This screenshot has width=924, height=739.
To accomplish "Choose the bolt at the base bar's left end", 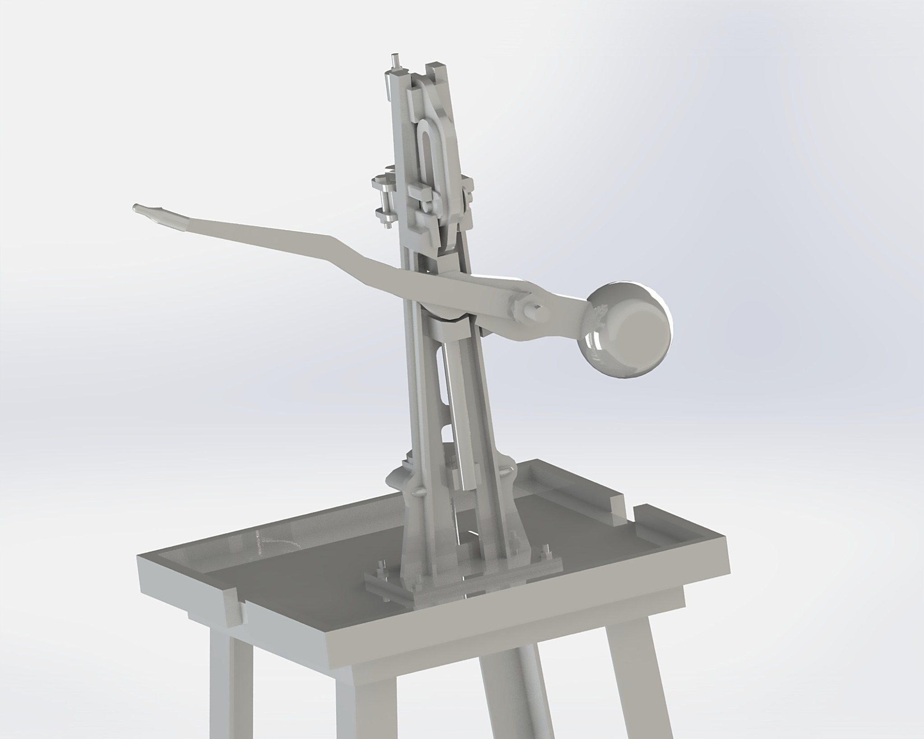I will click(x=383, y=582).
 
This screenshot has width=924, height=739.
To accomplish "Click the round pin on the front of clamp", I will click(x=425, y=205).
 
